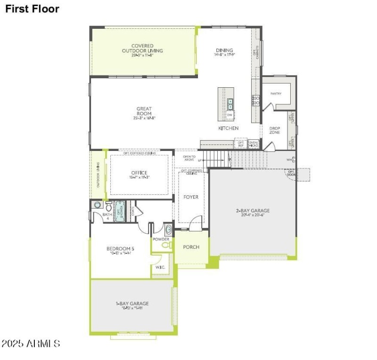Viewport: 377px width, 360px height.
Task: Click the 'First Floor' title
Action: [x=33, y=9]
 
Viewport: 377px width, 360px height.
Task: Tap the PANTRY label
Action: [x=276, y=93]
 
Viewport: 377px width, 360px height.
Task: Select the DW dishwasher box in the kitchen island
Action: [x=230, y=115]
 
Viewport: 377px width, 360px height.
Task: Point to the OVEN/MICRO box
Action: [x=254, y=144]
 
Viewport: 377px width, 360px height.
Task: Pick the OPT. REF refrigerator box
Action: [x=241, y=144]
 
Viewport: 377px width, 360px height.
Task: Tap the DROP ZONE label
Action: [x=275, y=130]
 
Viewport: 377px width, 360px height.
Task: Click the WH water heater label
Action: [x=289, y=159]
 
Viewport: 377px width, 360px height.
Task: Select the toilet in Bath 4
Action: [x=108, y=207]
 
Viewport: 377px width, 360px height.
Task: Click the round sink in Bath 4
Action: [x=98, y=205]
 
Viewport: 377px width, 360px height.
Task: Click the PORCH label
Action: [x=191, y=247]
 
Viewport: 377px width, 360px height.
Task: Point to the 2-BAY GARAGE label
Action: [x=253, y=210]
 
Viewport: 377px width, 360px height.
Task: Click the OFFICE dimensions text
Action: [x=139, y=177]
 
